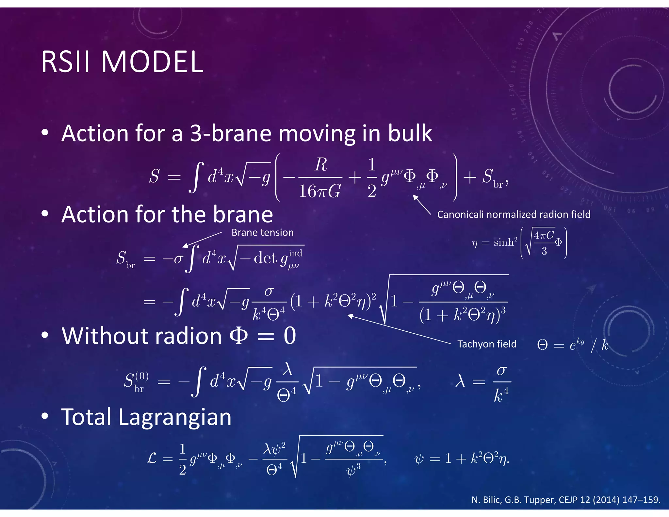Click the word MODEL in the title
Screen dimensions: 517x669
click(152, 62)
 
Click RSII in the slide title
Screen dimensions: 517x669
click(65, 62)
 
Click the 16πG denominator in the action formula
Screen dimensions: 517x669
click(320, 191)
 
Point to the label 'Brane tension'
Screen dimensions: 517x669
click(262, 232)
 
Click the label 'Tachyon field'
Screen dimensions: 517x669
click(486, 344)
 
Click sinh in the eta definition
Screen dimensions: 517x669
click(503, 242)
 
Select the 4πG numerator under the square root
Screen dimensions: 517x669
click(544, 235)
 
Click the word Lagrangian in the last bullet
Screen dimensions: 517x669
click(175, 417)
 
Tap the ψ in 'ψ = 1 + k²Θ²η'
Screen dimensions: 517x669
click(419, 459)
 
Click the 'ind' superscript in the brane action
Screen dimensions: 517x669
click(295, 253)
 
